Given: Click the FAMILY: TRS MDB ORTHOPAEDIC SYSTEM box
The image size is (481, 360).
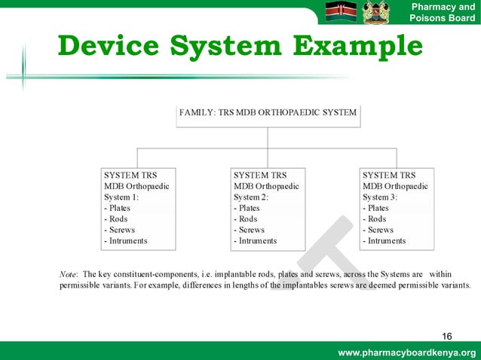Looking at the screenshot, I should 268,114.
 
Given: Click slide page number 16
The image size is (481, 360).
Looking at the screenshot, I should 447,335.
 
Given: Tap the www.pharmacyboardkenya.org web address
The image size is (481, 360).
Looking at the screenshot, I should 407,353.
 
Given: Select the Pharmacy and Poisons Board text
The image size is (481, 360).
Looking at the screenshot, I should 442,13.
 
